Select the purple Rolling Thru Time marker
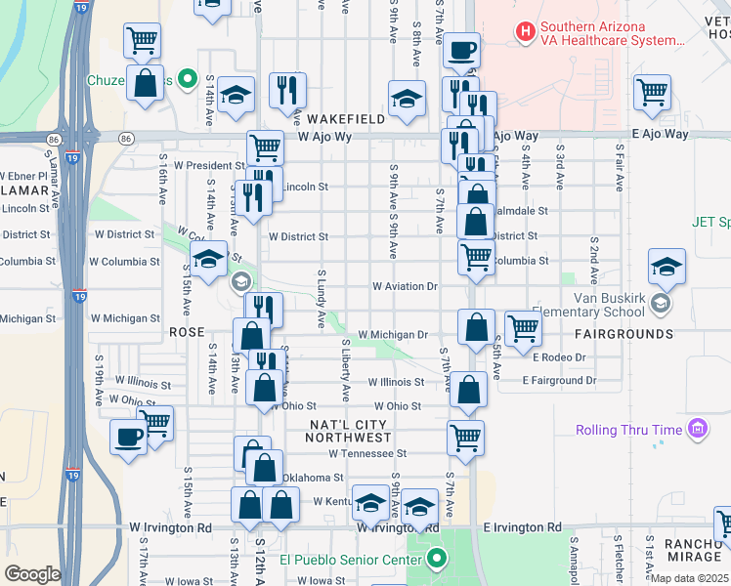[697, 429]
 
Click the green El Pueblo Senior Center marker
[437, 560]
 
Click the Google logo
[32, 574]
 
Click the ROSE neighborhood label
[187, 332]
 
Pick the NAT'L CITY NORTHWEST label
[350, 432]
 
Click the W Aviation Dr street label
[405, 287]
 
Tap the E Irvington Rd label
[523, 527]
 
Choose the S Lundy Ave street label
[321, 299]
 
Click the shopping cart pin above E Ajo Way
[652, 94]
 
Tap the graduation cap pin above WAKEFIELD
[407, 99]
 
